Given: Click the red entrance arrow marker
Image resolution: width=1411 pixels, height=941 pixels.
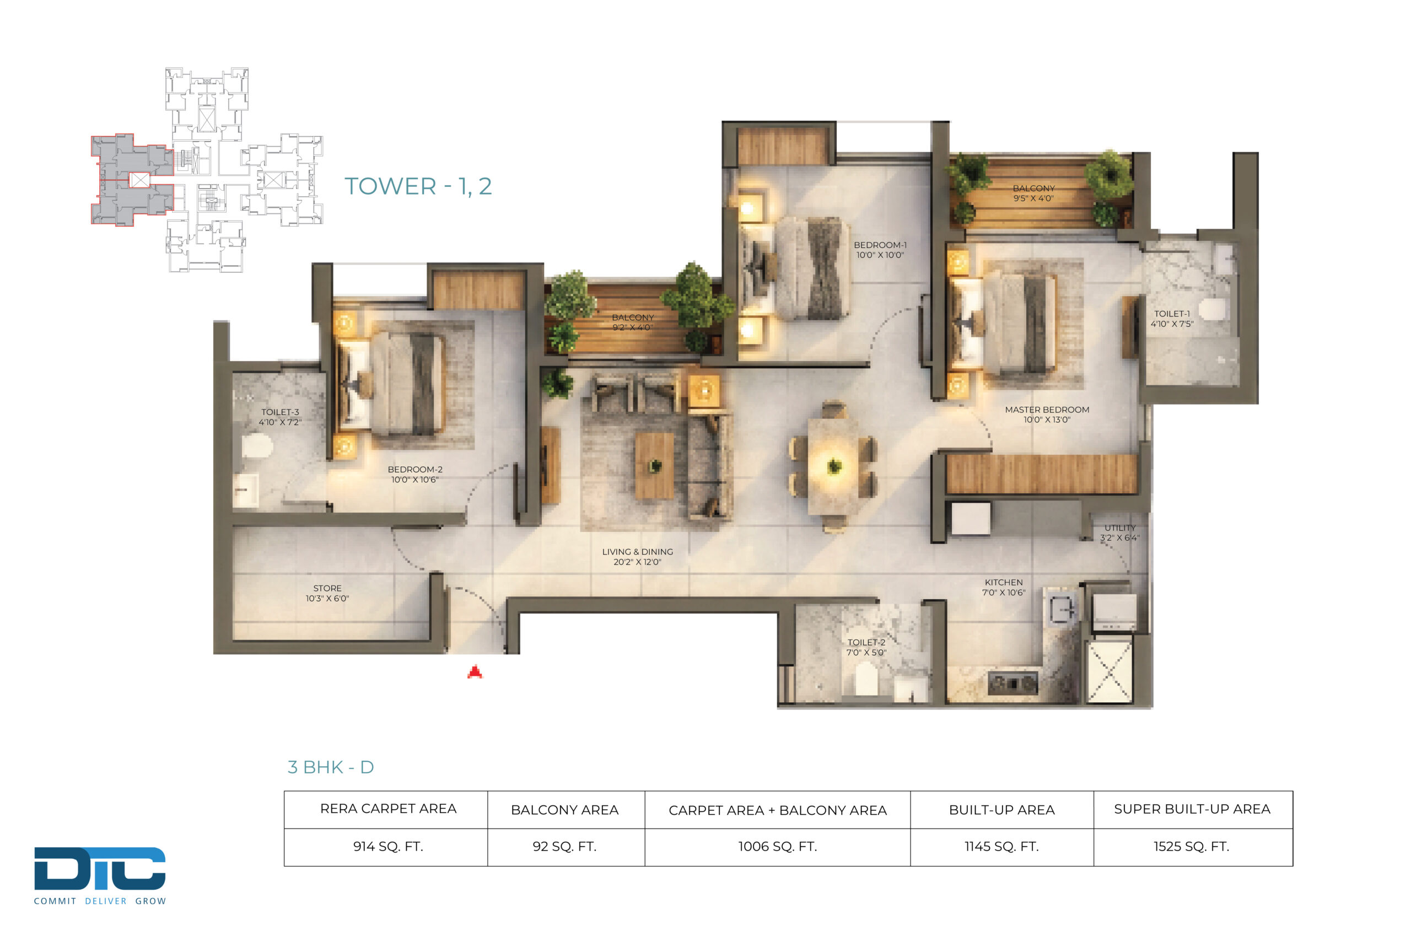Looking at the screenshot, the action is [x=475, y=672].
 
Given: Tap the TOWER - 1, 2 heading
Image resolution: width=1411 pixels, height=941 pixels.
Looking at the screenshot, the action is [x=418, y=186].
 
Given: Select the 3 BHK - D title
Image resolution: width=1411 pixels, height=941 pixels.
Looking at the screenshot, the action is [x=331, y=767].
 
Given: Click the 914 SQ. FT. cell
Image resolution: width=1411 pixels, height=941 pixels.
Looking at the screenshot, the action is [x=388, y=847].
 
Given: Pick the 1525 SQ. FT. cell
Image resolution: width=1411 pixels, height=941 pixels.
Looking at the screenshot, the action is [x=1192, y=847].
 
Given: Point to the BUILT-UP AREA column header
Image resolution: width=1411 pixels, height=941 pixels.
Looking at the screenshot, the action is [x=1002, y=810].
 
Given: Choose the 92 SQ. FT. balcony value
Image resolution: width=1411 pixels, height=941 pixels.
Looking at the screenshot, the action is [x=564, y=847].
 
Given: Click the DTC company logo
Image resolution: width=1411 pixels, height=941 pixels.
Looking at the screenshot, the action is [x=100, y=875].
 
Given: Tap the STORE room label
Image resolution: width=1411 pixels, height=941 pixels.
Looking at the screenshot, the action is [x=327, y=593].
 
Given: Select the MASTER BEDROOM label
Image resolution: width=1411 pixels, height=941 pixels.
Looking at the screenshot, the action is [x=1047, y=414].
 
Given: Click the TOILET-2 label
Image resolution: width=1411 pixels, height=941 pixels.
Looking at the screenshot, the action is [x=866, y=647].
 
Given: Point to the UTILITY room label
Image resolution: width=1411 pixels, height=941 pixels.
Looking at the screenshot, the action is [x=1119, y=533].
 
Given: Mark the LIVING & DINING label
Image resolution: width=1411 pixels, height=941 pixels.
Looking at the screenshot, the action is [x=637, y=556].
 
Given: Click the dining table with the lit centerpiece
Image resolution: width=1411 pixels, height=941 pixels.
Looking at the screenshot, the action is [x=833, y=466].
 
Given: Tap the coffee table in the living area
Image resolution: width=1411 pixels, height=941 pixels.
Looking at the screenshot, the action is [x=654, y=466].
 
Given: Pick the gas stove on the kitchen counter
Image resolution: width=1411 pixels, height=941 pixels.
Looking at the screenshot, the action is [x=1013, y=682].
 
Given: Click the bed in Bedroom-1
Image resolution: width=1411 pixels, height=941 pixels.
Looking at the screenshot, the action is [x=796, y=268].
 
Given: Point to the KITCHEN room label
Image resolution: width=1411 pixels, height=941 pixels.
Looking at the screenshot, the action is [x=1003, y=587].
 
